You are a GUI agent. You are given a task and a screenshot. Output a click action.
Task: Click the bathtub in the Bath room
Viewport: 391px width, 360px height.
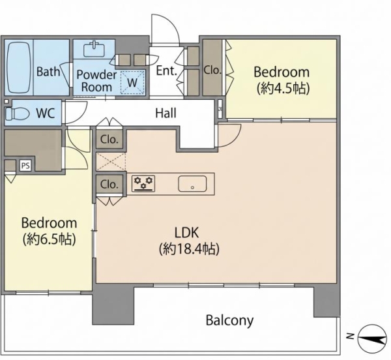point(19,67)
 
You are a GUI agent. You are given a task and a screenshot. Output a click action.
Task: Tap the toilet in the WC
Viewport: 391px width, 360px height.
point(16,113)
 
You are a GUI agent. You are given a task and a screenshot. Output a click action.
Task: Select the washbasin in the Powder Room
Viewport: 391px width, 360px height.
point(94,49)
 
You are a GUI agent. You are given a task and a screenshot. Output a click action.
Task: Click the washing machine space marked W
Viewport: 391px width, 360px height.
point(132,82)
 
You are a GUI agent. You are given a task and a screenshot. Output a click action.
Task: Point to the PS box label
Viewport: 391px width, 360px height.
point(25,166)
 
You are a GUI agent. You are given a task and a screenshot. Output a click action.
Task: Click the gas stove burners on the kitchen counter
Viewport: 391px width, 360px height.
point(143,183)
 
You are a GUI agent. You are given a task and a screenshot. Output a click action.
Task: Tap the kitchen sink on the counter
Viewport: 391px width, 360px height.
point(192,184)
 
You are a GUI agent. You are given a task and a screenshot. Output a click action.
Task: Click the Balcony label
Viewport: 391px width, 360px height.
point(229,320)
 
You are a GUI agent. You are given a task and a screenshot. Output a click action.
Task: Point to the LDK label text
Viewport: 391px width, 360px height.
point(186,233)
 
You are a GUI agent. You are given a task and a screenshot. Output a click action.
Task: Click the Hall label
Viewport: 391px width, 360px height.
point(166,113)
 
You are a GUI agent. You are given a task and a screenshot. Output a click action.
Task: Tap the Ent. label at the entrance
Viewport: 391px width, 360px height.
point(167,70)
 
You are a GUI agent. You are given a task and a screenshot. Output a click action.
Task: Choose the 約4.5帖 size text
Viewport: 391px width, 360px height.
point(283,88)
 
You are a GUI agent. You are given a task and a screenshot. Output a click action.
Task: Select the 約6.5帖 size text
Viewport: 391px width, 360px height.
point(49,239)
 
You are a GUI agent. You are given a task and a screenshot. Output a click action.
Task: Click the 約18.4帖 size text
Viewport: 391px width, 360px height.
point(189,248)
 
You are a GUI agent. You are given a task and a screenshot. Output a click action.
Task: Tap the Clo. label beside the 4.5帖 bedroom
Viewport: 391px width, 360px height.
point(212,70)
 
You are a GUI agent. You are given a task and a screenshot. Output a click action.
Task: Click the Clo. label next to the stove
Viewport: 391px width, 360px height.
point(109,185)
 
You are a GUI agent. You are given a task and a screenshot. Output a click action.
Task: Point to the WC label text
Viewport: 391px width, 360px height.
point(46,113)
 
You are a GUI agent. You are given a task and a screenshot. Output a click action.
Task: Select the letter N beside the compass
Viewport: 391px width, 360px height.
point(350,337)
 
